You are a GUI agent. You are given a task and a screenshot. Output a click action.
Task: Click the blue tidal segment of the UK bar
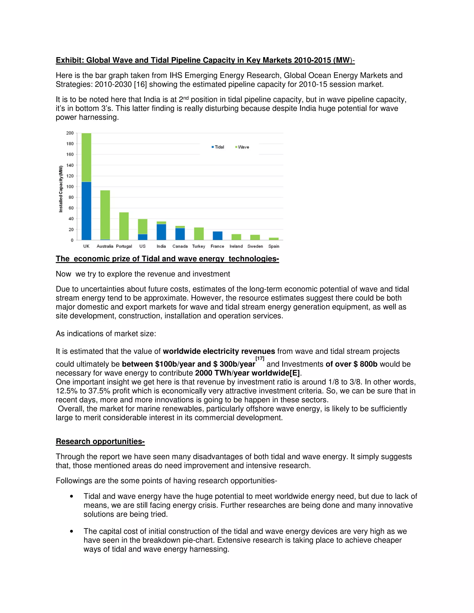pyautogui.click(x=86, y=211)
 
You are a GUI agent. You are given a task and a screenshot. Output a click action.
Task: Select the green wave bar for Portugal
pyautogui.click(x=124, y=226)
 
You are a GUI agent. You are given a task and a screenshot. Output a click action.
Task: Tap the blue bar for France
pyautogui.click(x=217, y=236)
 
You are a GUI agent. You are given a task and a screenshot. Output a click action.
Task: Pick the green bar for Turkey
pyautogui.click(x=199, y=234)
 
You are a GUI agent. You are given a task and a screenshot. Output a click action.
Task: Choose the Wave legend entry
pyautogui.click(x=242, y=147)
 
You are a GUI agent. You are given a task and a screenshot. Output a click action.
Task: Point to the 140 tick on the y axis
pyautogui.click(x=70, y=165)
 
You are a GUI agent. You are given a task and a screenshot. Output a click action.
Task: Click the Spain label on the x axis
pyautogui.click(x=274, y=246)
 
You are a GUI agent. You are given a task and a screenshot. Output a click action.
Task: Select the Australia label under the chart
pyautogui.click(x=105, y=246)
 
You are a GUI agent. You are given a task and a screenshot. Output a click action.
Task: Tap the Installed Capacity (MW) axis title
pyautogui.click(x=61, y=189)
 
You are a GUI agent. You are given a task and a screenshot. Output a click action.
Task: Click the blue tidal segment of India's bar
pyautogui.click(x=161, y=232)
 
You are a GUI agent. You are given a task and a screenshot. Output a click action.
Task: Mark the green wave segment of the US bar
pyautogui.click(x=143, y=226)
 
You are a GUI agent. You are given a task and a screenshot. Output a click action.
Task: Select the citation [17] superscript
pyautogui.click(x=260, y=358)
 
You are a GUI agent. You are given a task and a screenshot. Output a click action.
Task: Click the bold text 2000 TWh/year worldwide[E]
pyautogui.click(x=247, y=373)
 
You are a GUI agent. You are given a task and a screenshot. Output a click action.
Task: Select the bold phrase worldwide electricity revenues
pyautogui.click(x=219, y=351)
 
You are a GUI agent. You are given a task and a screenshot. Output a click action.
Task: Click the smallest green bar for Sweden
pyautogui.click(x=255, y=238)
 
